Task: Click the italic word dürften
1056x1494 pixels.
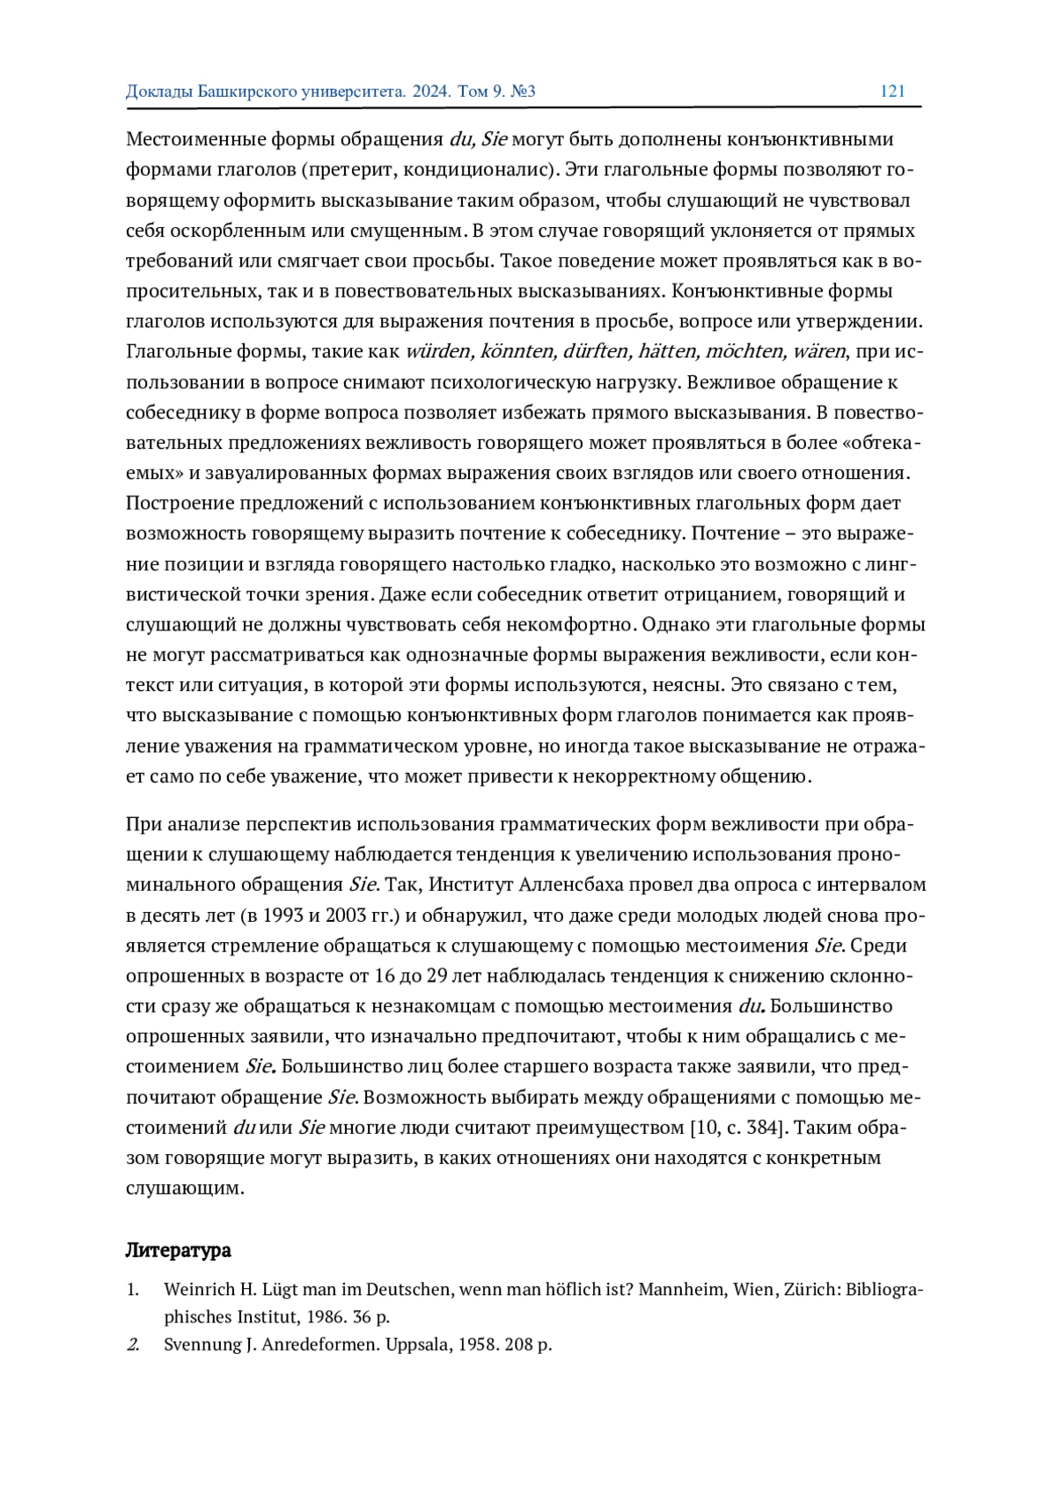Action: tap(597, 351)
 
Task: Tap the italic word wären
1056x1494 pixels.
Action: tap(818, 351)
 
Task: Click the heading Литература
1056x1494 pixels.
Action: tap(179, 1250)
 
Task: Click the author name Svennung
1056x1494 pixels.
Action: tap(199, 1344)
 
